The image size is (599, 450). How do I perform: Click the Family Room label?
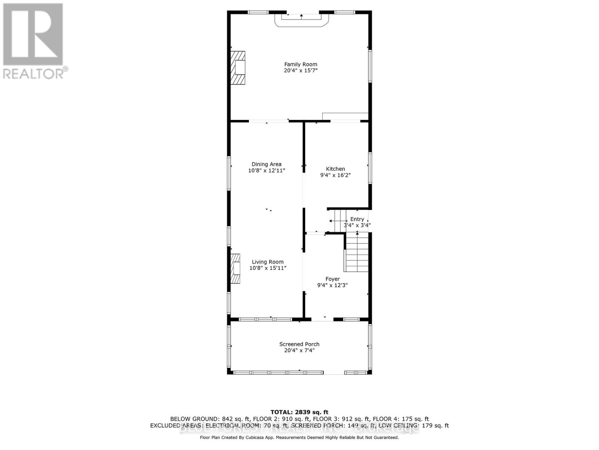pos(301,64)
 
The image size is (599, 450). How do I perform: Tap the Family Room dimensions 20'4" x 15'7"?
pos(301,70)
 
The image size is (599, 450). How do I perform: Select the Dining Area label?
pos(267,164)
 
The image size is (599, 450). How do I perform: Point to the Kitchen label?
pos(335,169)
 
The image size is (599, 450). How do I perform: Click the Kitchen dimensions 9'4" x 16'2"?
pos(335,175)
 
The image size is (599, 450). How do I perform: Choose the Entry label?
pos(357,219)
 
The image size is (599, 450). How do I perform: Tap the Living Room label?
pos(268,262)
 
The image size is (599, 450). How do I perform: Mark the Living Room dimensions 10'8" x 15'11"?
pos(268,268)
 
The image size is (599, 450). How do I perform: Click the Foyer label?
pos(332,279)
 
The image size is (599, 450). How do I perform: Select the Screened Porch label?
pos(299,344)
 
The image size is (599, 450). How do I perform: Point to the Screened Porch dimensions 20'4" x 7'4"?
pos(299,351)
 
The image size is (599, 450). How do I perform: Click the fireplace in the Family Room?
pos(238,68)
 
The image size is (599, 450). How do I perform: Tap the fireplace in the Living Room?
pos(235,268)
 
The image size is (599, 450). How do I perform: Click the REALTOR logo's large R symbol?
pos(33,34)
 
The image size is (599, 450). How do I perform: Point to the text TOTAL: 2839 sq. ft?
pos(299,412)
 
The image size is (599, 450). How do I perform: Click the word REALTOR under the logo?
pos(34,73)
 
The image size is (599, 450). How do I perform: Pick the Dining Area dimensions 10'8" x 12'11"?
pos(267,171)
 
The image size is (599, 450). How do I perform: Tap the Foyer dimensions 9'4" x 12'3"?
pos(332,285)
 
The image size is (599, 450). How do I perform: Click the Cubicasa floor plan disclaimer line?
pos(299,437)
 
